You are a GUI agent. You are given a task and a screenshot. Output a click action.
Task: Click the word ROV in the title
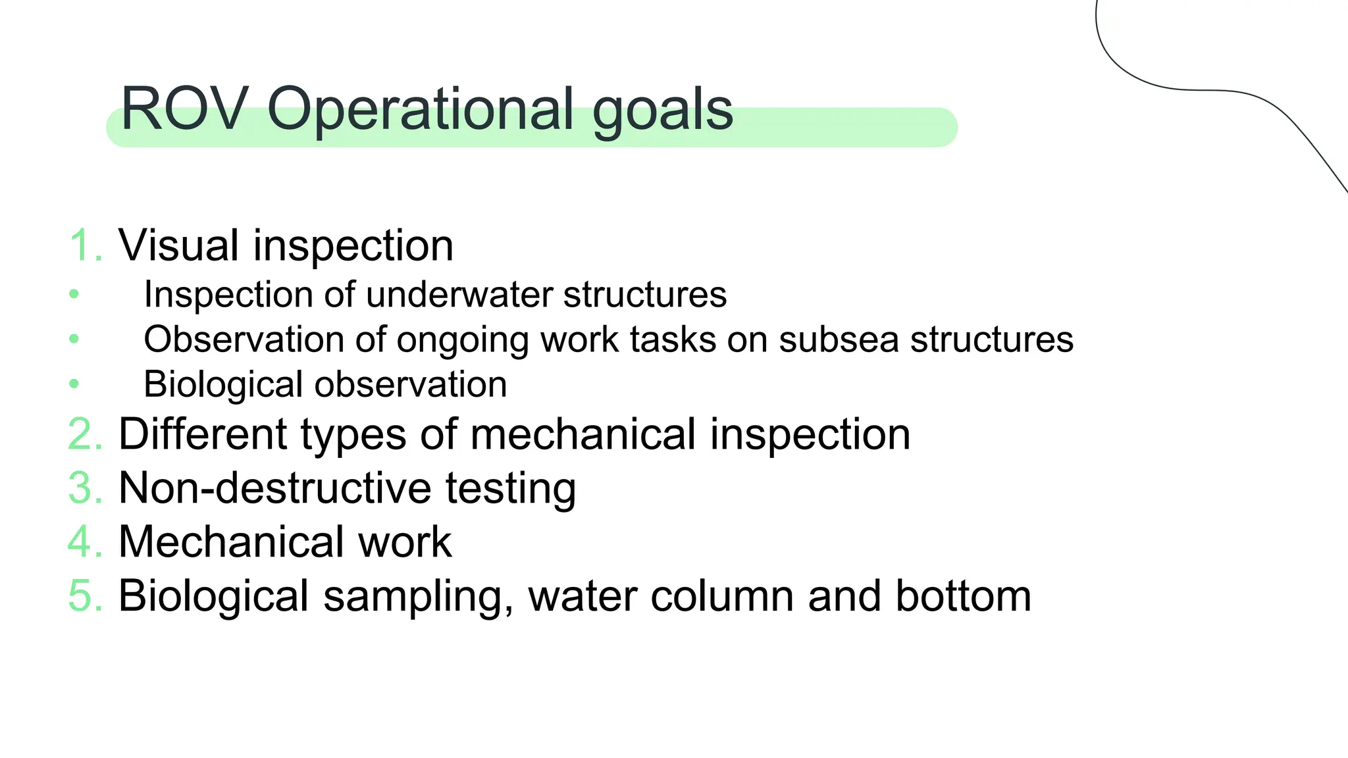(184, 109)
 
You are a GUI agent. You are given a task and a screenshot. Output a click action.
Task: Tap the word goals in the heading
(662, 112)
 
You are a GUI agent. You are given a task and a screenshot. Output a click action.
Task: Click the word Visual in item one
(178, 245)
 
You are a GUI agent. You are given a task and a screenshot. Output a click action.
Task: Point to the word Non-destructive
(274, 489)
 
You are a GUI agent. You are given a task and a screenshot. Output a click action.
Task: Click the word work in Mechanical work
(404, 543)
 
